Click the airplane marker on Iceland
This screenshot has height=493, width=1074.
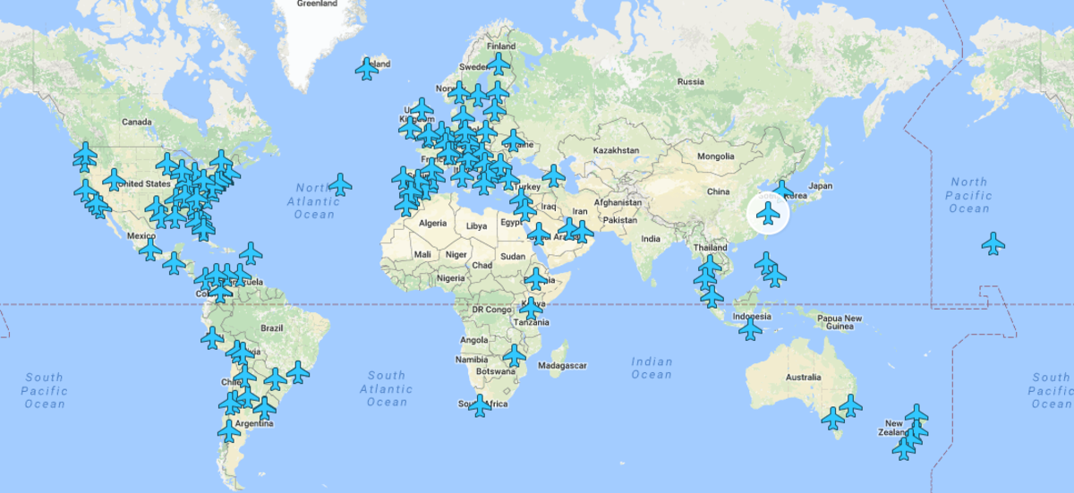pyautogui.click(x=367, y=69)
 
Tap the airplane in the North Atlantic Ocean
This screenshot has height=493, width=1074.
pyautogui.click(x=339, y=185)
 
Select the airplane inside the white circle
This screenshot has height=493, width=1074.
pyautogui.click(x=768, y=214)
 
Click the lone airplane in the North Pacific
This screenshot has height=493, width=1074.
pyautogui.click(x=993, y=243)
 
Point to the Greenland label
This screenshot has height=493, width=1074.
pyautogui.click(x=317, y=4)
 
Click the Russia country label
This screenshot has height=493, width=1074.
pyautogui.click(x=690, y=82)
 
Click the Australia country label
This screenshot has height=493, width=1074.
pyautogui.click(x=803, y=378)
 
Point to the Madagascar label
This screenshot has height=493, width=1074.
pyautogui.click(x=562, y=365)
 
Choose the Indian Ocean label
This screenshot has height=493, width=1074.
pyautogui.click(x=652, y=368)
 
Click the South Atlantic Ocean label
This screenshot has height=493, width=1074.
pyautogui.click(x=387, y=388)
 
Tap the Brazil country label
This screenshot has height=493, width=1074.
pyautogui.click(x=271, y=328)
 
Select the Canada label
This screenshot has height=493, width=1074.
pyautogui.click(x=137, y=122)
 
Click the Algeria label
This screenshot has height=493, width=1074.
pyautogui.click(x=432, y=223)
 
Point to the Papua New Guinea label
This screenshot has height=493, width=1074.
pyautogui.click(x=840, y=323)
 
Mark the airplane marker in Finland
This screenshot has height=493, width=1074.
pyautogui.click(x=499, y=64)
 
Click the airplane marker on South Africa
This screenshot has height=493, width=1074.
pyautogui.click(x=481, y=406)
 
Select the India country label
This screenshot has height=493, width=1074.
pyautogui.click(x=650, y=238)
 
